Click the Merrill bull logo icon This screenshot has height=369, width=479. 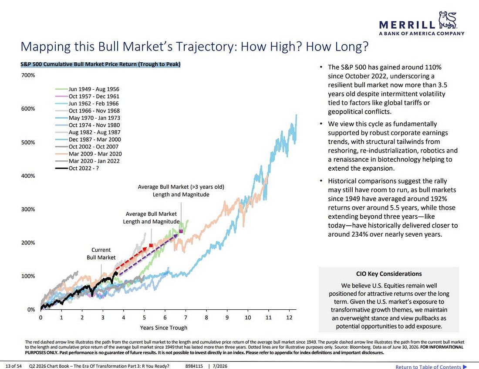pos(448,20)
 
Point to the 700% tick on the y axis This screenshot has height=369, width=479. pos(28,75)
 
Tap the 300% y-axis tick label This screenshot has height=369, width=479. pos(28,210)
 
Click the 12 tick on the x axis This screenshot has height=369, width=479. pos(289,318)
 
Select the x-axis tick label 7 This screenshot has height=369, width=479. pos(186,318)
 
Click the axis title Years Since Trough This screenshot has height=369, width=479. pos(164,328)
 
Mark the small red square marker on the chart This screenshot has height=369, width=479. pos(151,245)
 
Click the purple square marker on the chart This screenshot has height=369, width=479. pos(181,231)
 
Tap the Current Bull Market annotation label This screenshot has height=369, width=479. pos(101,254)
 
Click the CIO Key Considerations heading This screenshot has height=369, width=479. pos(389,274)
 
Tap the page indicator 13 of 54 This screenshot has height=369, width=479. pos(13,366)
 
